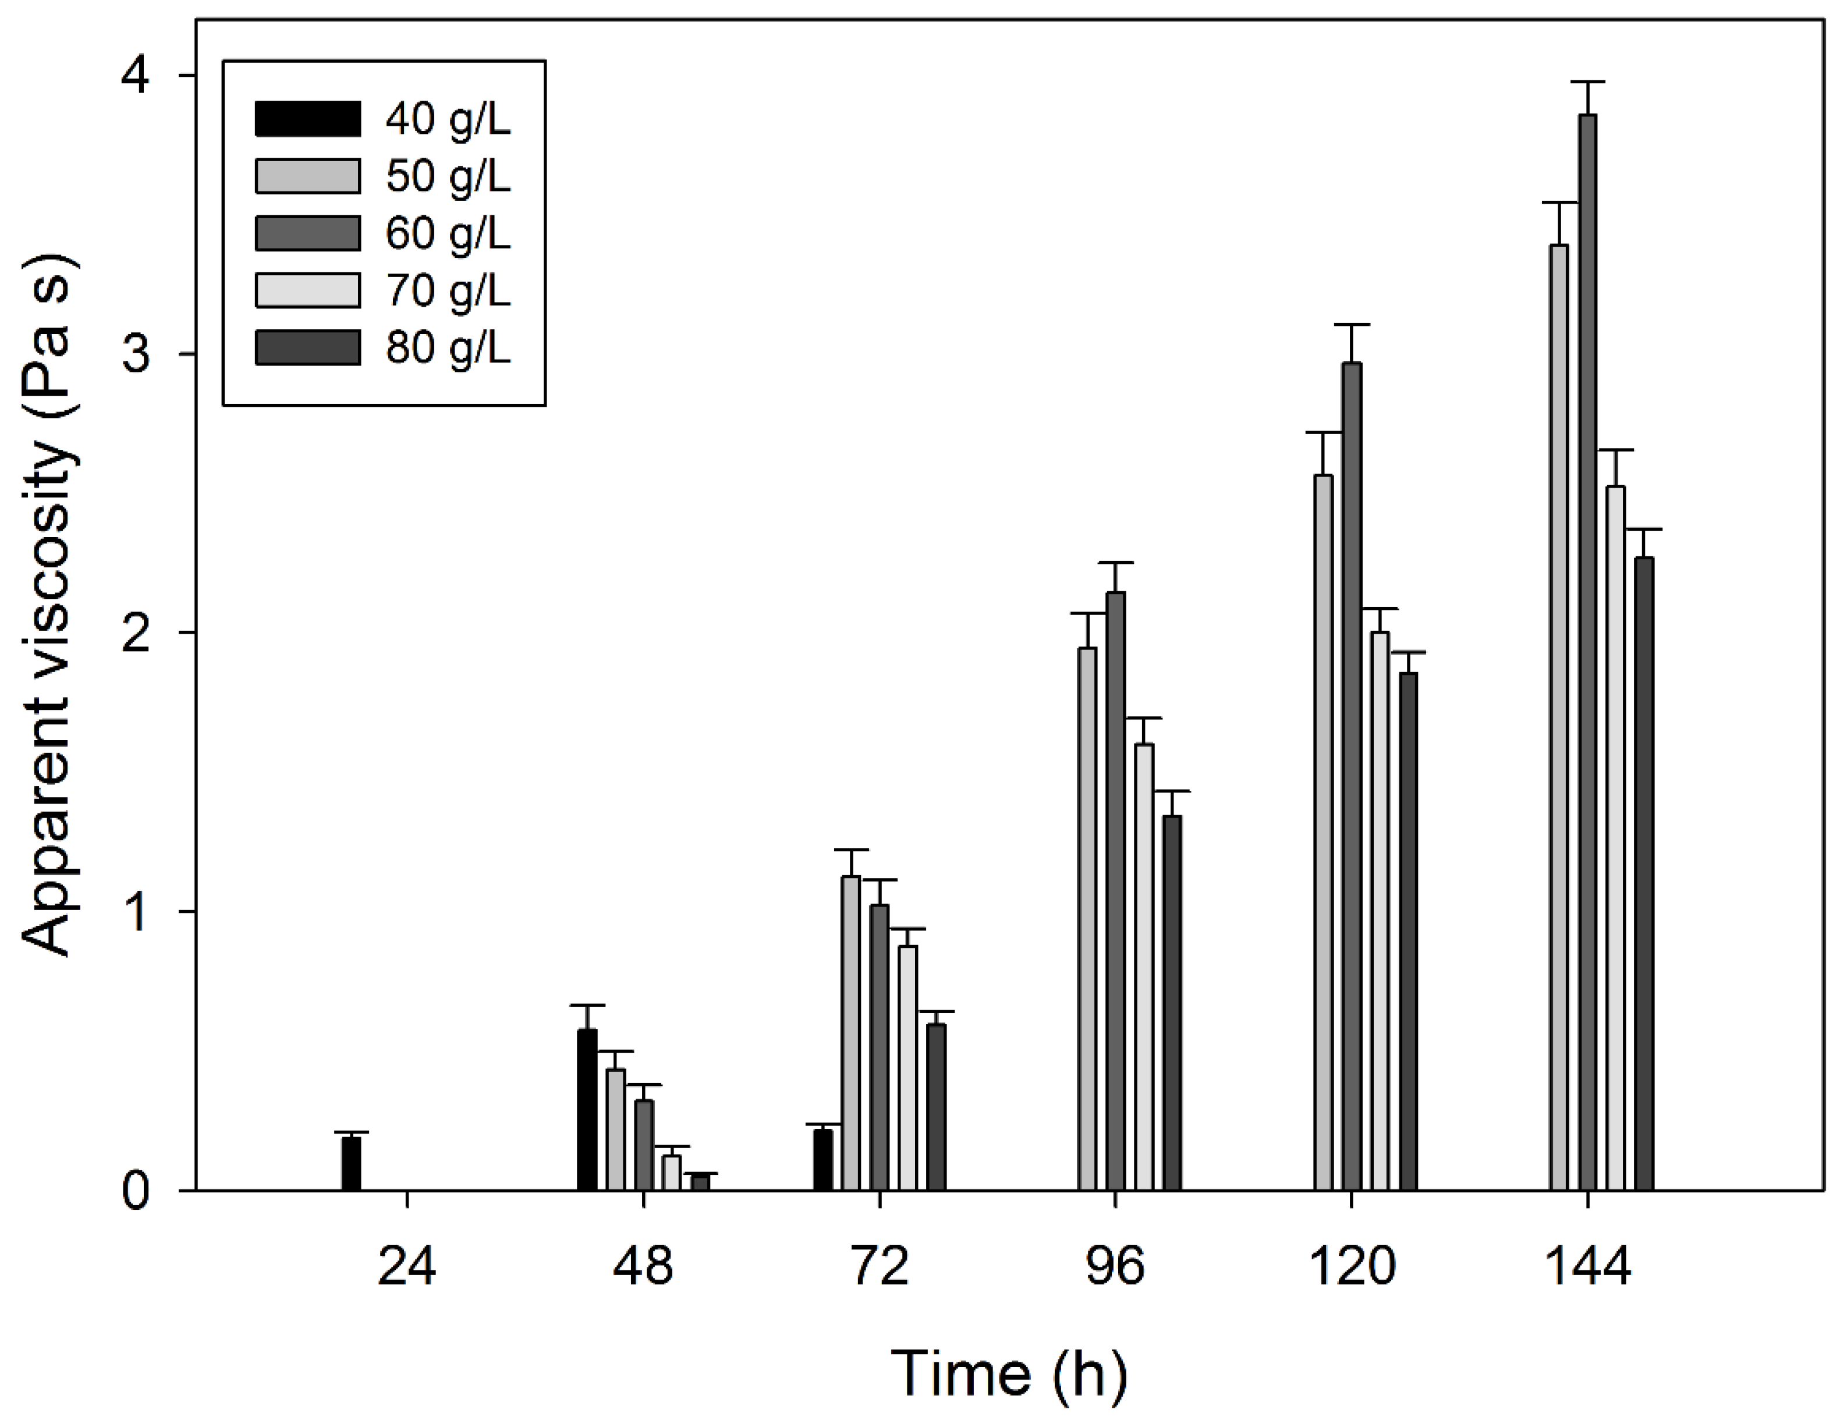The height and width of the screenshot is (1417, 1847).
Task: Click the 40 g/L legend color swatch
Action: point(307,119)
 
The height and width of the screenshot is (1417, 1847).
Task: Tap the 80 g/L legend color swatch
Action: point(307,347)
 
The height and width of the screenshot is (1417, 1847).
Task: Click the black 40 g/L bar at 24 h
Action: point(351,1164)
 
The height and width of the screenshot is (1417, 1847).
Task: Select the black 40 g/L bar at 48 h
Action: point(587,1110)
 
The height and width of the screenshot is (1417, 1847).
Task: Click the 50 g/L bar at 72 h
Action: point(850,1034)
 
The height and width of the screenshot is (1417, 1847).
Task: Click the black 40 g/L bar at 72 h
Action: point(823,1160)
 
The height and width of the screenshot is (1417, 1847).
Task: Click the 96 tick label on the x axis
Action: point(1115,1267)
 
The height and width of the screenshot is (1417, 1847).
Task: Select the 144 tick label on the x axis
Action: point(1587,1267)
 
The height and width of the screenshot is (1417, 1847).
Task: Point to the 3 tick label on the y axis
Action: point(135,354)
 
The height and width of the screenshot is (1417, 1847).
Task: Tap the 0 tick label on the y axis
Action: point(135,1192)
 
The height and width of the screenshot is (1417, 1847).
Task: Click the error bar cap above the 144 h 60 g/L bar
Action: point(1588,82)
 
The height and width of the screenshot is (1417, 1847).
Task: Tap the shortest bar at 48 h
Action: point(700,1182)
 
